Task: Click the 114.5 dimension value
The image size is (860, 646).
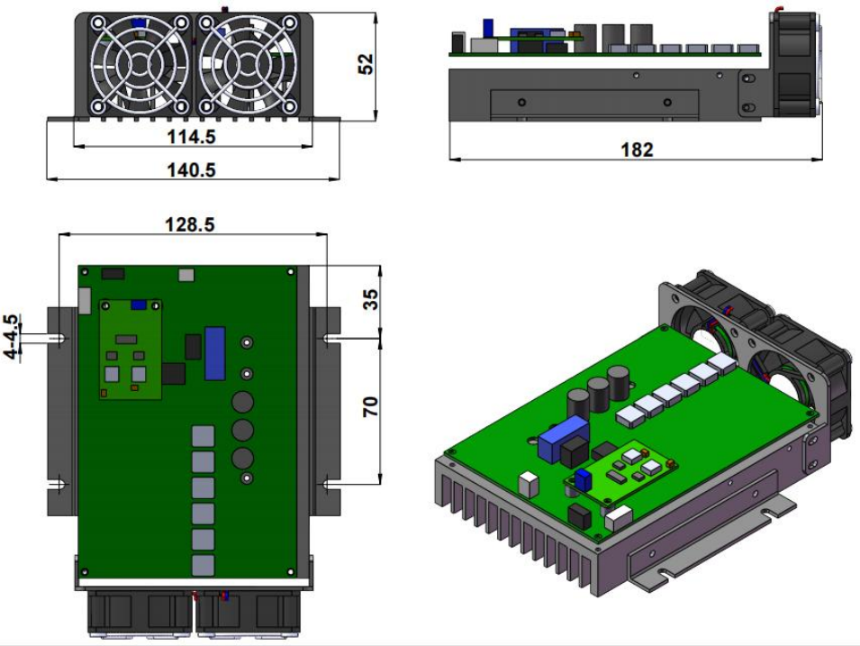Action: click(191, 136)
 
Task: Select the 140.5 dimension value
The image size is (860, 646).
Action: click(191, 169)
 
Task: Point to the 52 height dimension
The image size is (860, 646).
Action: click(366, 64)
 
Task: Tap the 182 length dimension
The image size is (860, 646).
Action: click(637, 150)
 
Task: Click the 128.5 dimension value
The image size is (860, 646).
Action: click(190, 224)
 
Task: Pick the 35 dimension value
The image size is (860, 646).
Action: click(371, 300)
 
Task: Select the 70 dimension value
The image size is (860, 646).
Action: click(371, 406)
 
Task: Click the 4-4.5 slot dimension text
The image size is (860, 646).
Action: click(12, 336)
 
